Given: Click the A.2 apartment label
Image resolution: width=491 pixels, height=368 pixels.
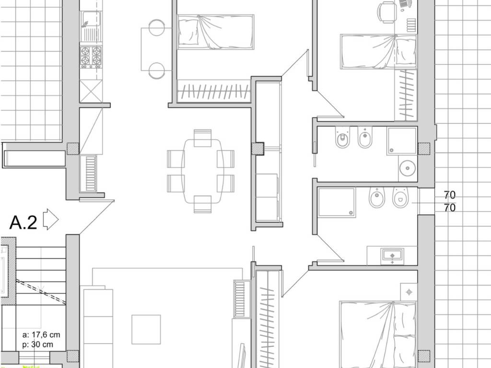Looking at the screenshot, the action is [x=23, y=222].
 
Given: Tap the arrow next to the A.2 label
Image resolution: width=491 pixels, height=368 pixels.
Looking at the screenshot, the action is [x=50, y=219].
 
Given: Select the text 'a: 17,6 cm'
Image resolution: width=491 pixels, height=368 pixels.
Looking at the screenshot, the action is [x=41, y=334].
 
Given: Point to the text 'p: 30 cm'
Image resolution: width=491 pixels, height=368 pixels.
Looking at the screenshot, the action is [x=38, y=345].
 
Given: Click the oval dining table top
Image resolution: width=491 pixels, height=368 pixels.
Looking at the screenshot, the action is [x=203, y=171].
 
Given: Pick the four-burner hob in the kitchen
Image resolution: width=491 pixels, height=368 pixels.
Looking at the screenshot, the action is [x=91, y=57].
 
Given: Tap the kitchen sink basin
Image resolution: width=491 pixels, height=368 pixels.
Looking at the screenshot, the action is [x=91, y=19].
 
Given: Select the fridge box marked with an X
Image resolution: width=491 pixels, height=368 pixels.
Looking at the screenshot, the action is [x=91, y=91].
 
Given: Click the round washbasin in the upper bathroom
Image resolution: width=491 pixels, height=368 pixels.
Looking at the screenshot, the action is [x=408, y=169].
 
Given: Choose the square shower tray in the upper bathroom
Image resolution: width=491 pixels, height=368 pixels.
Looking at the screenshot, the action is [x=402, y=141].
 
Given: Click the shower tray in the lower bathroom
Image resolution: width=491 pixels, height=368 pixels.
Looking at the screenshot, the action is [x=336, y=202].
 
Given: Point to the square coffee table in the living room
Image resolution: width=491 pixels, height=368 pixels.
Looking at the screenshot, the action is [x=146, y=330].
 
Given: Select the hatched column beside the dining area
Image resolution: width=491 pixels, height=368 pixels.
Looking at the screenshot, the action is [x=257, y=149].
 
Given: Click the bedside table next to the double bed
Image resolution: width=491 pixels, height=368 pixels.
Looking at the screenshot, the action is [x=409, y=292].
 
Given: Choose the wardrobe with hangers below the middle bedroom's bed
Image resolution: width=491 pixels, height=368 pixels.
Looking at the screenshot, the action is [x=214, y=91].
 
